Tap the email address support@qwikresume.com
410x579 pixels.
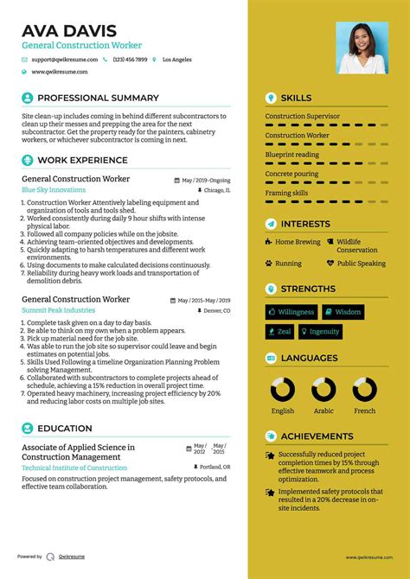pos(63,60)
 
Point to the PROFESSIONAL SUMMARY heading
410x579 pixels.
pos(98,98)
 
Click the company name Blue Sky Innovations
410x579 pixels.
pos(54,189)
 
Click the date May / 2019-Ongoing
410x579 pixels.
pos(206,180)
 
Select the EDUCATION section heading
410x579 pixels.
pos(65,428)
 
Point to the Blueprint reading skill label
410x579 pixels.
pos(291,155)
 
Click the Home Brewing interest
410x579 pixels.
pos(297,242)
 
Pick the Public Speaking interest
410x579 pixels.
pos(361,263)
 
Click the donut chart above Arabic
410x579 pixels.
pos(324,390)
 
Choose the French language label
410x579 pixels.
pos(364,410)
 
